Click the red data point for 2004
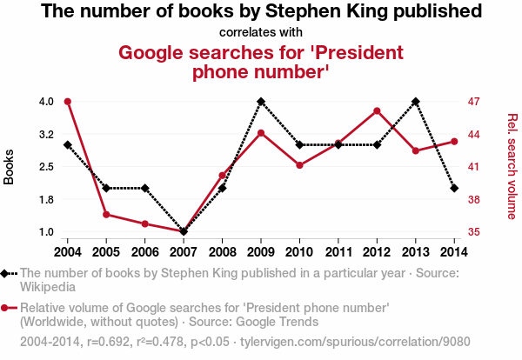[x=67, y=102]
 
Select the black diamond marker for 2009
[x=261, y=102]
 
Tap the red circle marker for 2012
[x=377, y=111]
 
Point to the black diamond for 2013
[x=416, y=102]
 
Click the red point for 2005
[x=106, y=214]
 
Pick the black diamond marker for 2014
[x=454, y=188]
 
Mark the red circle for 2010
[x=299, y=165]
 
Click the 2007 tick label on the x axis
[x=184, y=251]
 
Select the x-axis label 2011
[x=338, y=251]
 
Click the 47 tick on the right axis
[x=475, y=102]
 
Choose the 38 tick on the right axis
[x=475, y=200]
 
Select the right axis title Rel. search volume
[x=512, y=166]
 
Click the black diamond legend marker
[x=7, y=273]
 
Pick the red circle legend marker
[x=7, y=308]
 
